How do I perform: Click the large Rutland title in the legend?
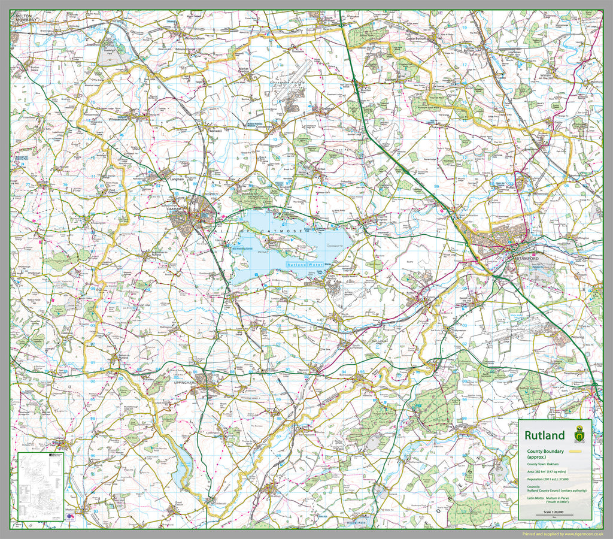(544, 435)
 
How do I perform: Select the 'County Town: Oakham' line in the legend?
(544, 464)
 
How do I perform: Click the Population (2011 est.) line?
(547, 479)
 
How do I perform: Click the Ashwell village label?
(214, 130)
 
